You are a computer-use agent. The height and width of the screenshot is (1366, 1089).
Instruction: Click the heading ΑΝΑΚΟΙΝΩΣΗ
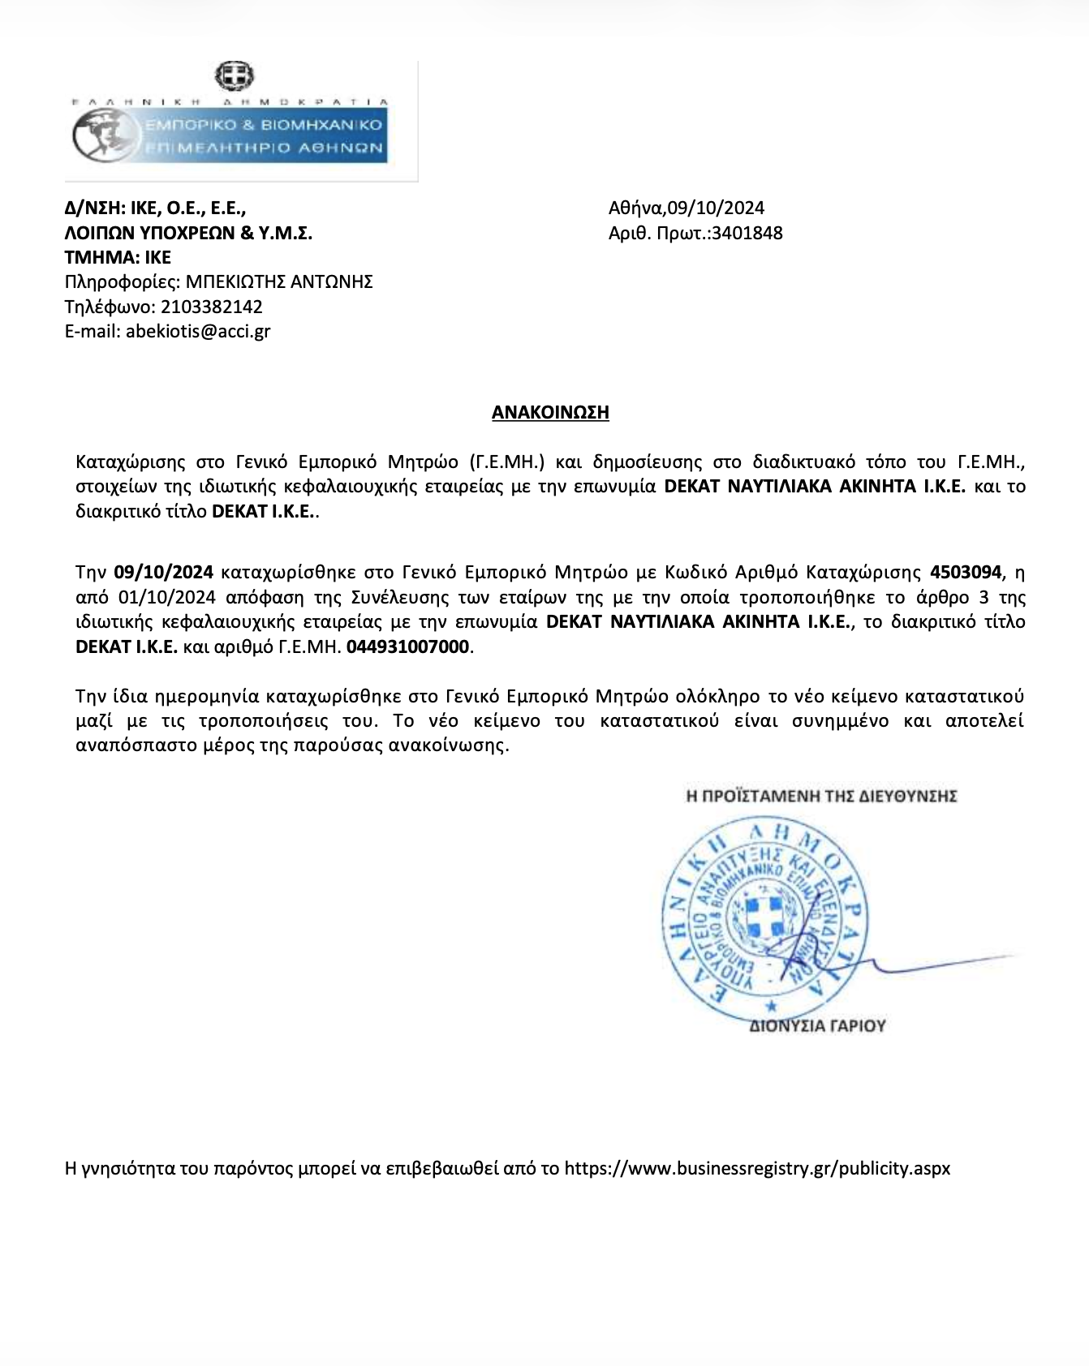click(550, 412)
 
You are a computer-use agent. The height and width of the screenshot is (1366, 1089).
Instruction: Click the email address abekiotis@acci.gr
click(198, 331)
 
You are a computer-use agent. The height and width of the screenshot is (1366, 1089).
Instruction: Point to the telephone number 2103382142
click(212, 307)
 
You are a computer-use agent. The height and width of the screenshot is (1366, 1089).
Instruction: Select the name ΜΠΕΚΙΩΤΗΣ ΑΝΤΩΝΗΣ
click(279, 282)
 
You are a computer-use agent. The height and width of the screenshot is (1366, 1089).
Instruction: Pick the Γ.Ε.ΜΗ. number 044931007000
click(408, 647)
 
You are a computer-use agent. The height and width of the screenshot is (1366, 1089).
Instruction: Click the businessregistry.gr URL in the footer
click(757, 1169)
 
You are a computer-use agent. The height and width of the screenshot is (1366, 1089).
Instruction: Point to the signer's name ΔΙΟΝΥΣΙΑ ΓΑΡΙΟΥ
click(816, 1026)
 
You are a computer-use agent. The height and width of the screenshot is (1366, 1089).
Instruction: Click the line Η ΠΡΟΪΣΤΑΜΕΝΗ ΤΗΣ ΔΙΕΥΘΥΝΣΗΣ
click(821, 796)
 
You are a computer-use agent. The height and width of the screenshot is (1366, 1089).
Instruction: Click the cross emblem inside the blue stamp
click(766, 918)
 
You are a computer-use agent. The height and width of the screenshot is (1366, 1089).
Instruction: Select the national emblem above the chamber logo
click(234, 77)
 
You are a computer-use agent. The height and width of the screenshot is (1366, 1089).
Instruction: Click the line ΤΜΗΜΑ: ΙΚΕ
click(118, 258)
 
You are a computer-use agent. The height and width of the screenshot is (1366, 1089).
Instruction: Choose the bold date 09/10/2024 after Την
click(163, 573)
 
